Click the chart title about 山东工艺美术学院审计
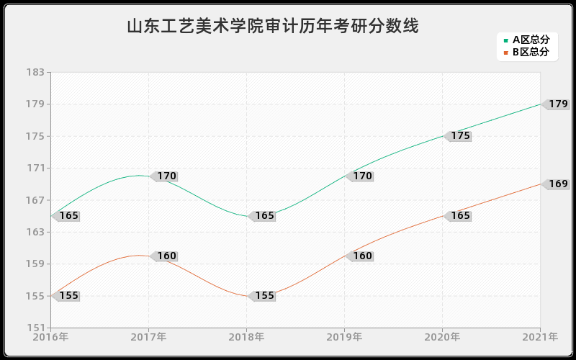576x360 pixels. point(273,27)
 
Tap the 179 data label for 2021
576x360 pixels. point(557,104)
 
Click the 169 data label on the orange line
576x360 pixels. point(557,184)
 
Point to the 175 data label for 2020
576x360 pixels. point(460,136)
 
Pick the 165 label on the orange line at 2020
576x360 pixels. point(460,216)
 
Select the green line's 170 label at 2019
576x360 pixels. point(362,176)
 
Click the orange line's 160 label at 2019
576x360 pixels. point(362,256)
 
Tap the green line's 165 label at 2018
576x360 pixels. point(264,216)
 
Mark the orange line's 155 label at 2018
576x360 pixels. point(264,296)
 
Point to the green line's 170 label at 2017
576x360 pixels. point(166,176)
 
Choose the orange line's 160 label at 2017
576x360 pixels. point(166,256)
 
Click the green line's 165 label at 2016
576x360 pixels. point(68,216)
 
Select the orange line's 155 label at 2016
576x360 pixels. point(68,296)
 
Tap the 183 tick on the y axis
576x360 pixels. point(36,73)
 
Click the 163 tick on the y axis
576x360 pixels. point(36,233)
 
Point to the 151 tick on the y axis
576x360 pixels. point(36,328)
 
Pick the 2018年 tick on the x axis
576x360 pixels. point(246,337)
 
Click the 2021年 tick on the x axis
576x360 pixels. point(540,337)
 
